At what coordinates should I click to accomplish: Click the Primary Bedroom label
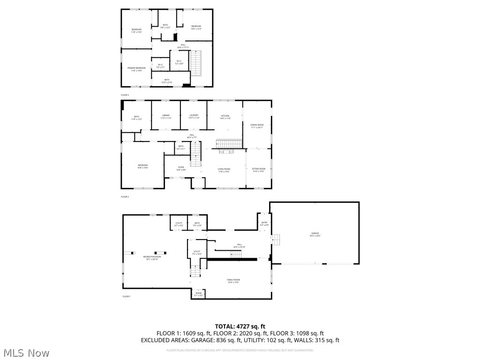(x=136, y=68)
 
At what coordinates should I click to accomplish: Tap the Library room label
(x=166, y=116)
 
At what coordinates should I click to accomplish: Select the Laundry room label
(x=194, y=116)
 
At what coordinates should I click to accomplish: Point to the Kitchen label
(x=225, y=116)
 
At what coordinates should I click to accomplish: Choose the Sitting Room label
(x=259, y=170)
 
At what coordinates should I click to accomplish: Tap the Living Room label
(x=224, y=170)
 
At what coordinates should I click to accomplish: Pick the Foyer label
(x=181, y=168)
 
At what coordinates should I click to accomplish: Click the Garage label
(x=315, y=234)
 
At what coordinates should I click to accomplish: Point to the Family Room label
(x=233, y=281)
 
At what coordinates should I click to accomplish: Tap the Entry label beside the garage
(x=264, y=224)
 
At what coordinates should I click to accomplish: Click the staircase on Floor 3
(x=195, y=63)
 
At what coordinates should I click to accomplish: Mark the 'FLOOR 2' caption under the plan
(x=125, y=197)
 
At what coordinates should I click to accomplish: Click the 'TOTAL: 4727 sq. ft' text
(x=240, y=326)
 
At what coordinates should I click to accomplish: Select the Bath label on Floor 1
(x=197, y=224)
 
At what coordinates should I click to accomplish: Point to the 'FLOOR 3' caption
(x=125, y=95)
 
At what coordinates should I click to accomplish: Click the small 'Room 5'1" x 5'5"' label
(x=199, y=294)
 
